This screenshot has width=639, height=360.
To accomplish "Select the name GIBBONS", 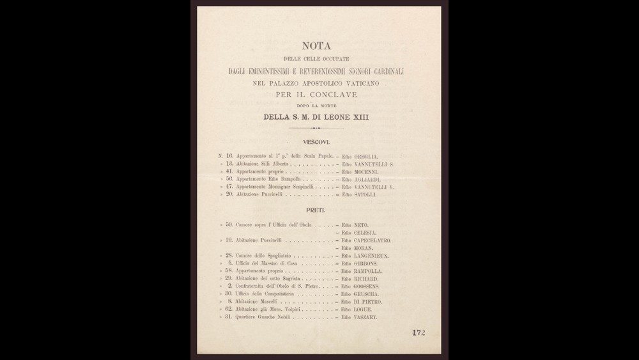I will [x=367, y=263].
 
